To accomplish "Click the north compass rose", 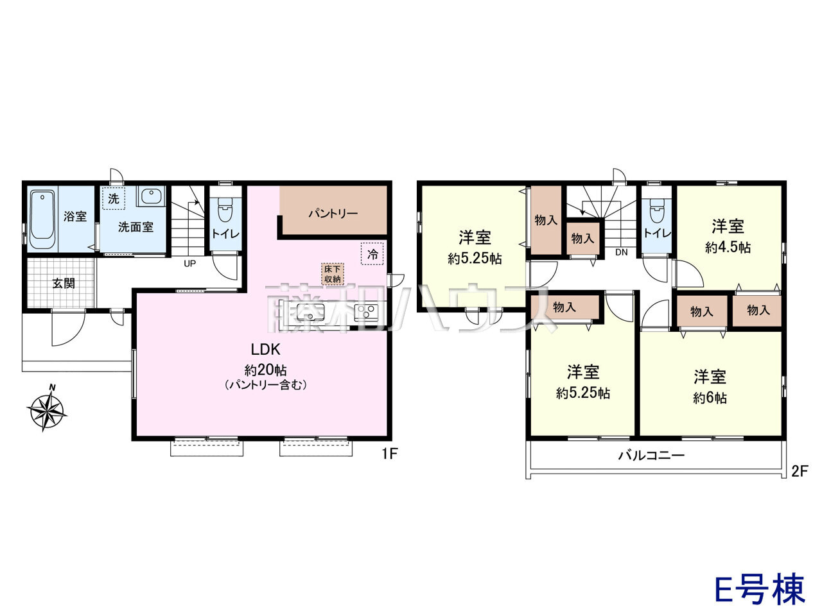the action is [46, 407].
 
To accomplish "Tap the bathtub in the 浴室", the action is [42, 219].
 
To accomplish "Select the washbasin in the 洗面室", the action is [151, 196].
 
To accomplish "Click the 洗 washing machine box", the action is [114, 198].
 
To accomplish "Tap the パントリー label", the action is [333, 214].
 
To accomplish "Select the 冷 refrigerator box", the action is [372, 254].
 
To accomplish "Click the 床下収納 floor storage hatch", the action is [332, 274].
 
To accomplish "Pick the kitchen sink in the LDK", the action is [310, 312].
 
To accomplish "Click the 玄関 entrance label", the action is [64, 283].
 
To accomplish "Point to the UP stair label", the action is [190, 263].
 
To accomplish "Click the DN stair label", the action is [621, 252].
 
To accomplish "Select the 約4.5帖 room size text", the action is [728, 247].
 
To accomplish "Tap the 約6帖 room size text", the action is [710, 398].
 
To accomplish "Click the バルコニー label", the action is [651, 455].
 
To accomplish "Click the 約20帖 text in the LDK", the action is [265, 370].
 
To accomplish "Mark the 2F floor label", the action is [800, 471].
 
